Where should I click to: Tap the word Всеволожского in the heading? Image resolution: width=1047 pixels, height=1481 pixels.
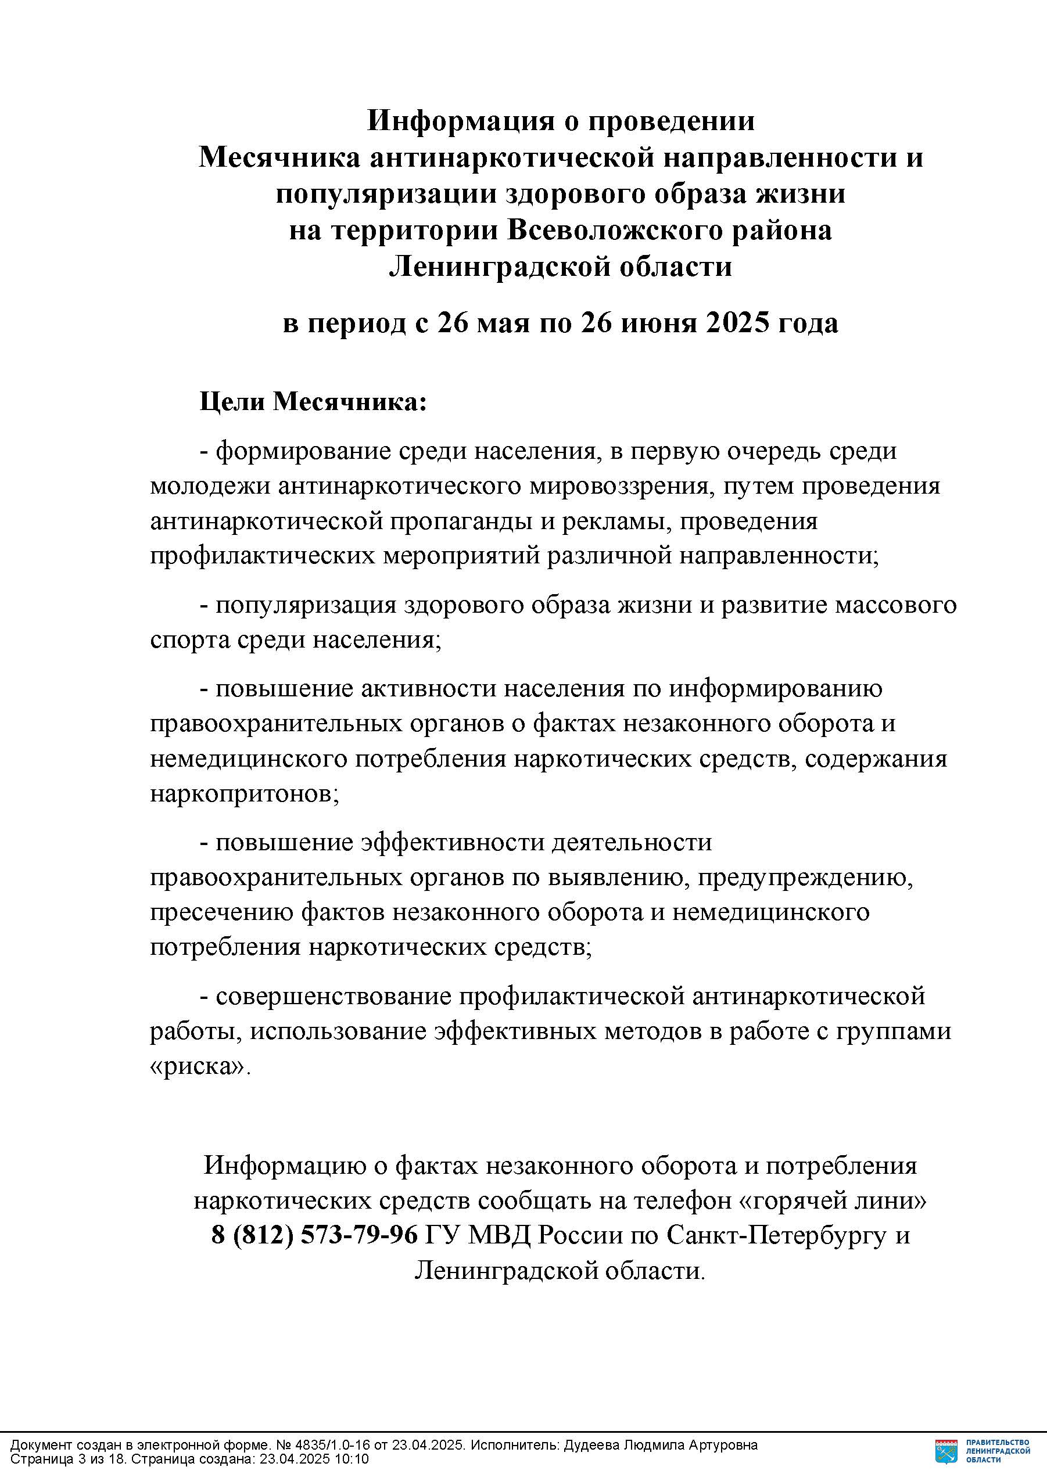pyautogui.click(x=614, y=230)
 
